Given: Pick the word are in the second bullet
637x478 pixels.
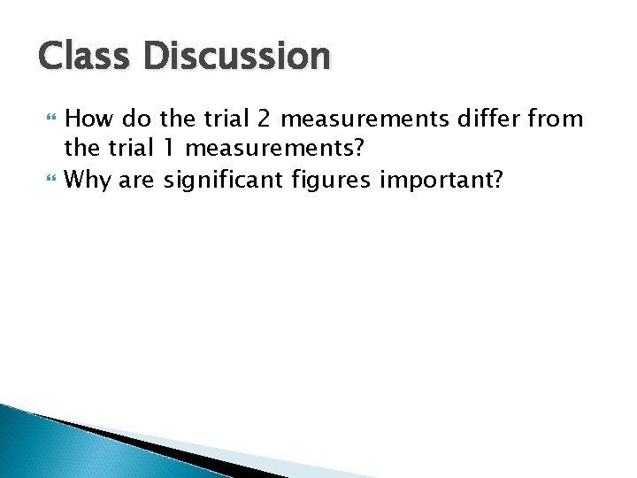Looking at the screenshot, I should (135, 181).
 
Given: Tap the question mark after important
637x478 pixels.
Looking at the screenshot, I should (499, 180).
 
